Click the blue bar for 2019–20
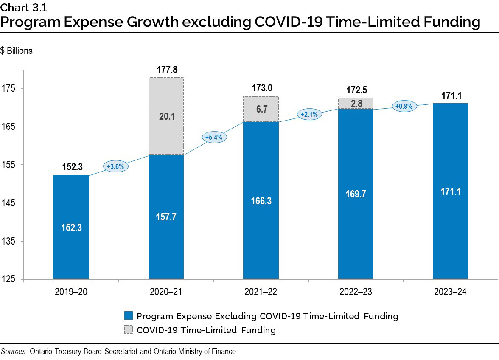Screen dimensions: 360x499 71,227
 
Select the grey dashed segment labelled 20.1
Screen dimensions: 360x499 166,116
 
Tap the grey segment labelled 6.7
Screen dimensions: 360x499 261,109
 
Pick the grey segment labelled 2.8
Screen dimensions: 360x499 356,103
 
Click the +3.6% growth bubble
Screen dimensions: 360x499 116,166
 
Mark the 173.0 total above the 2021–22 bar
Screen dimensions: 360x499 261,88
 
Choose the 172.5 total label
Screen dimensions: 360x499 356,90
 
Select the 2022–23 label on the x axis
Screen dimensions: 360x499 356,292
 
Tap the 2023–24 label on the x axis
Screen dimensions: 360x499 450,292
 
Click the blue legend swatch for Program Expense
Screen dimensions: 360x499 129,316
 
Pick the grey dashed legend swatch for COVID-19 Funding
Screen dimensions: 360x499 129,330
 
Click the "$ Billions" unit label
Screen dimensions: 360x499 17,51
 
